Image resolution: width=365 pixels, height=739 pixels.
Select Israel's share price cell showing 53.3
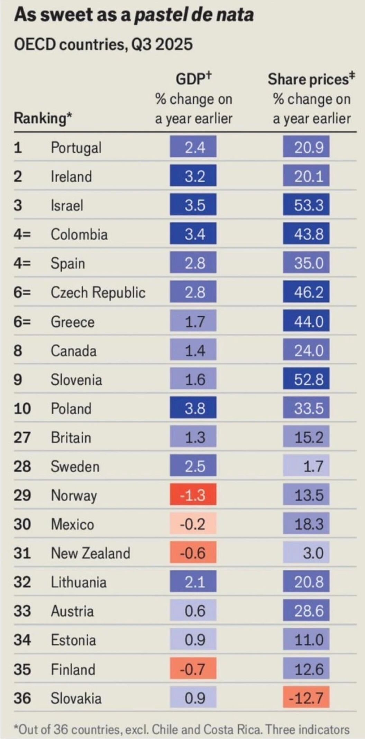306,205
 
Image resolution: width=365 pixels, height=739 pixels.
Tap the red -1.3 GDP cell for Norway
193,495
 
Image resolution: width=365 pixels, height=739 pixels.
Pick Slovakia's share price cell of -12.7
306,698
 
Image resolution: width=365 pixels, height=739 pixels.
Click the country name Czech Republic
98,292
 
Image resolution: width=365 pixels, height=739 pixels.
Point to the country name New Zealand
90,553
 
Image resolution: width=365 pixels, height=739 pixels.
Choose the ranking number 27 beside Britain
22,437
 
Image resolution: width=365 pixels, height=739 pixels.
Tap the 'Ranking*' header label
43,118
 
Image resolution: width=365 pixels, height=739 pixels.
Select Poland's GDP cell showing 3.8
193,408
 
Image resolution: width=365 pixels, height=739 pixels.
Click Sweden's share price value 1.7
306,466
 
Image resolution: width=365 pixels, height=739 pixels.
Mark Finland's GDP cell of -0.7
193,669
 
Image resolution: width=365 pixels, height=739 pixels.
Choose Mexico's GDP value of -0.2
193,524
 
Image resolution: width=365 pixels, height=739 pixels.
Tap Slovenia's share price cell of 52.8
306,379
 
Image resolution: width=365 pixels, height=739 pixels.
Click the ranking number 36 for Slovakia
22,698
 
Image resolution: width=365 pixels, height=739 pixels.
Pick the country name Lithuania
79,582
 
